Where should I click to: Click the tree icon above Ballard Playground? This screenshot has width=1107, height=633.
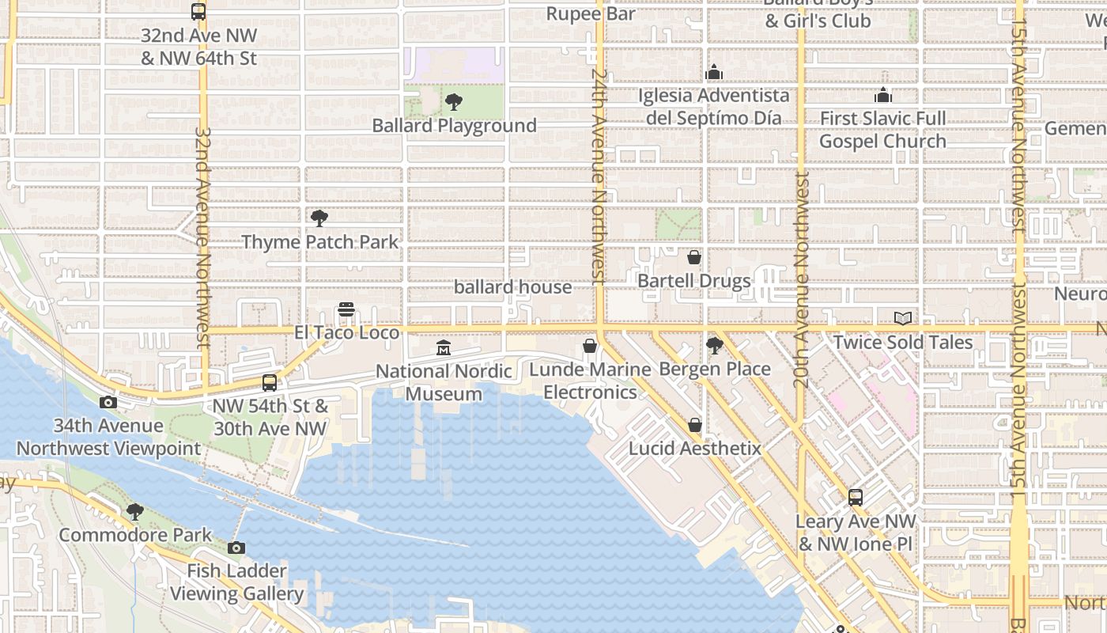click(453, 101)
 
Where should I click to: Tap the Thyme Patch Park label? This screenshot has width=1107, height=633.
click(320, 242)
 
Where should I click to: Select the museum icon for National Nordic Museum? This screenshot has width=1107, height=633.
click(444, 348)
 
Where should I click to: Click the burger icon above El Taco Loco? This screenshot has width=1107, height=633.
click(346, 309)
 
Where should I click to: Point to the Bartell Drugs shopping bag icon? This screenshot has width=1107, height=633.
click(693, 257)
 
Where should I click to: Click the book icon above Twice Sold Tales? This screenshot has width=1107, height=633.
click(902, 318)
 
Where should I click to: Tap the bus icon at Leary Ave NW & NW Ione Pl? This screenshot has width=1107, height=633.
click(855, 498)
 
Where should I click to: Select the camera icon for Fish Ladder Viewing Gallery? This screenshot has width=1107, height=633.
click(236, 548)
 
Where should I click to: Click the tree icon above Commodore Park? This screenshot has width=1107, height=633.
click(135, 511)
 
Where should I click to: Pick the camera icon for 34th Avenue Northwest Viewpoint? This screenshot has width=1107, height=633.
click(108, 402)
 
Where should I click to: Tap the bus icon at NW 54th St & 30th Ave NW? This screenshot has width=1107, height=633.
click(269, 383)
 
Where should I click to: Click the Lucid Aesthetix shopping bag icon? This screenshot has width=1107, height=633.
click(694, 425)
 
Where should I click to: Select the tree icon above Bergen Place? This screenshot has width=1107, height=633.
click(714, 345)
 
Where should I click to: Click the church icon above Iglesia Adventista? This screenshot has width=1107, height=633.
click(714, 73)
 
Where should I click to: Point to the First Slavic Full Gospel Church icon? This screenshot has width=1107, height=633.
click(882, 95)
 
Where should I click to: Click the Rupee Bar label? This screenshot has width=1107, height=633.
click(591, 14)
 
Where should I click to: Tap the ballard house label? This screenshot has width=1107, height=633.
click(512, 287)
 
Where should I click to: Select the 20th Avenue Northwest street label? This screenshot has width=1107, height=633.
click(801, 281)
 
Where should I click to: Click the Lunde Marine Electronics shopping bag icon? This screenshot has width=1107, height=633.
click(589, 346)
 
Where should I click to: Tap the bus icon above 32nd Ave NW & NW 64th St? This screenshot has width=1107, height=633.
click(198, 12)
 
